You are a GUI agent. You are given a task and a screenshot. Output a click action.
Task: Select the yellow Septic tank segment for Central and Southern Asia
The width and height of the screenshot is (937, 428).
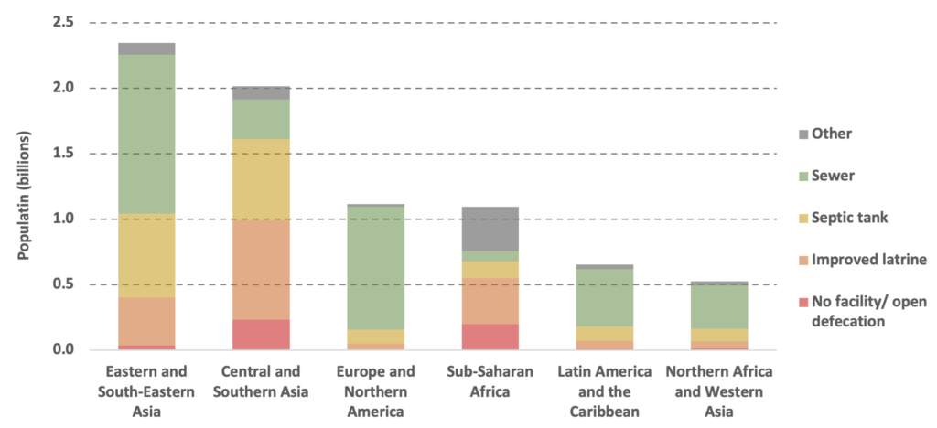click(x=261, y=179)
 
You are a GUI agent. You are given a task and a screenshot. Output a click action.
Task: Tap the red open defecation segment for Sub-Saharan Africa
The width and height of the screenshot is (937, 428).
click(x=490, y=337)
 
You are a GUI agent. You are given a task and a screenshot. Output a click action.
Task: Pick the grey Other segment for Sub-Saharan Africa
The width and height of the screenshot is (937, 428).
click(x=490, y=229)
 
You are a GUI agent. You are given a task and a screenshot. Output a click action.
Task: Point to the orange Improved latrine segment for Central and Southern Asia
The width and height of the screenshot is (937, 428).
click(x=261, y=270)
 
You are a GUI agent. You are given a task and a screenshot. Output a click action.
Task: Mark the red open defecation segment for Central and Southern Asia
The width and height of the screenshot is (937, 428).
click(x=261, y=334)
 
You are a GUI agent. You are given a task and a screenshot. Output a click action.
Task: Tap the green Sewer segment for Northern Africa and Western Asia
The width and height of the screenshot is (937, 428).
click(x=719, y=306)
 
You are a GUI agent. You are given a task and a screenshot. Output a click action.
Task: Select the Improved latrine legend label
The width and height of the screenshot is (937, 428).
click(x=869, y=260)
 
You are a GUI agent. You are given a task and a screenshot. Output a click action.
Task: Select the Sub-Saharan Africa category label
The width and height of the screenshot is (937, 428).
click(x=490, y=381)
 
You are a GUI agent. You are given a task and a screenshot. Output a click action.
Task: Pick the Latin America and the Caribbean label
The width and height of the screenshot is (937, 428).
click(x=605, y=391)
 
